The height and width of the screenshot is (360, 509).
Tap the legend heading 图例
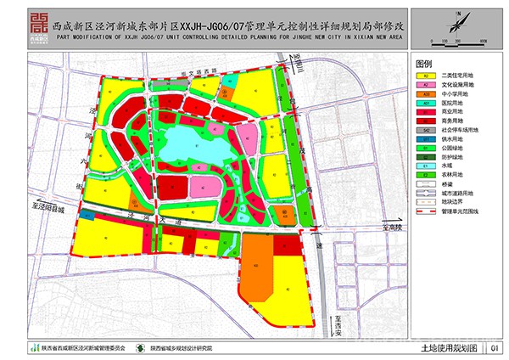[425, 65]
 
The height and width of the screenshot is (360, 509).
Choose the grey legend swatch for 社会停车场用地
[422, 130]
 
